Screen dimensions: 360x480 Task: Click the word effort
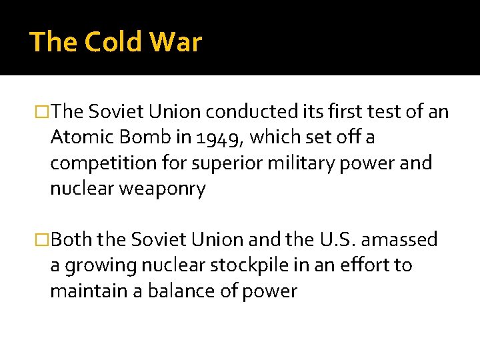click(x=367, y=265)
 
